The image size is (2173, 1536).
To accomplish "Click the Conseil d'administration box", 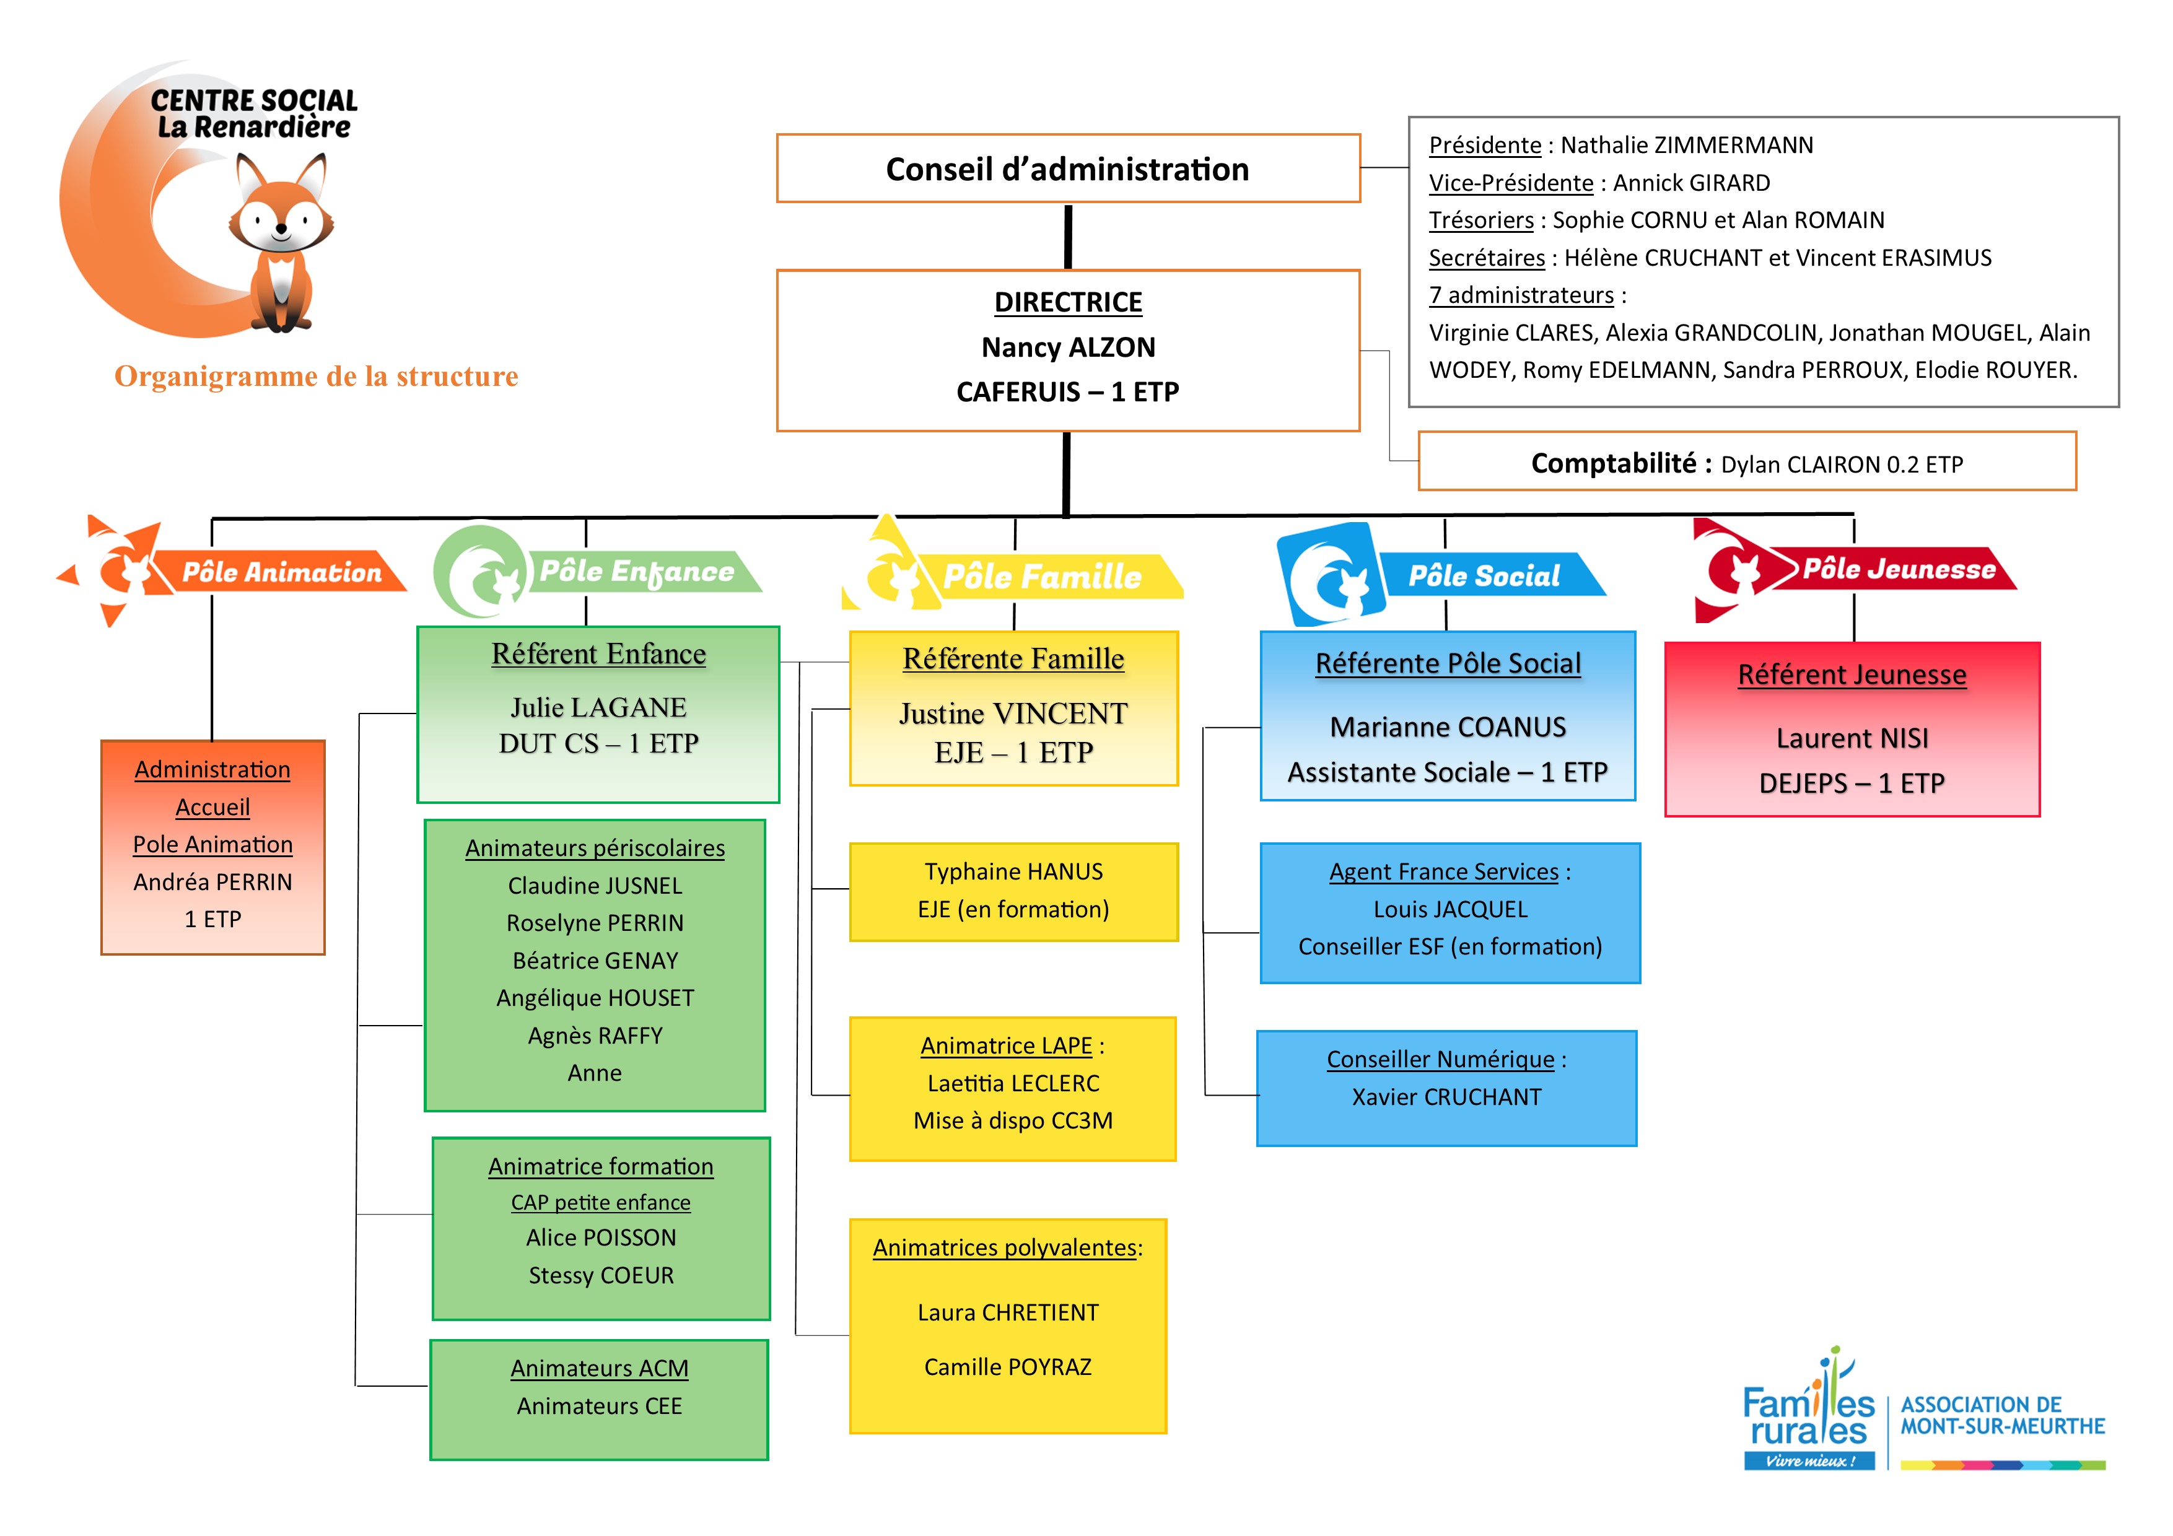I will (1067, 168).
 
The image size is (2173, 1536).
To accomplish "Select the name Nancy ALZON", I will (1067, 347).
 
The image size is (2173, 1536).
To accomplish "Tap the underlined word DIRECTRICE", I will (1067, 302).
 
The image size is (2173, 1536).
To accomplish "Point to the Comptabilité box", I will (1746, 463).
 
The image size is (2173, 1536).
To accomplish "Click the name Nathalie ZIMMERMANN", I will (1687, 145).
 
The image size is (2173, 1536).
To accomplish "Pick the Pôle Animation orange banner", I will (281, 572).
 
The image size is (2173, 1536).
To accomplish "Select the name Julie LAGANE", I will (598, 707).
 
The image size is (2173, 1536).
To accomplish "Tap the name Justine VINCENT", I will (1013, 713).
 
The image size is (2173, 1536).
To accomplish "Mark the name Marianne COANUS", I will (1447, 727).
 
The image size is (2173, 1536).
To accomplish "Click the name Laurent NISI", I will (1852, 738).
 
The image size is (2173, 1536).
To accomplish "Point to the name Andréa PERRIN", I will (213, 882).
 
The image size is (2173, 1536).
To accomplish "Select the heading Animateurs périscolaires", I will (595, 848).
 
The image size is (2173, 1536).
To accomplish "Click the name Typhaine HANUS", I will (1013, 871).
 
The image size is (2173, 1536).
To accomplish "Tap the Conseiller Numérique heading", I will (1440, 1059).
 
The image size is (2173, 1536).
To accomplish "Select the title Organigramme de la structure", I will (316, 376).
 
